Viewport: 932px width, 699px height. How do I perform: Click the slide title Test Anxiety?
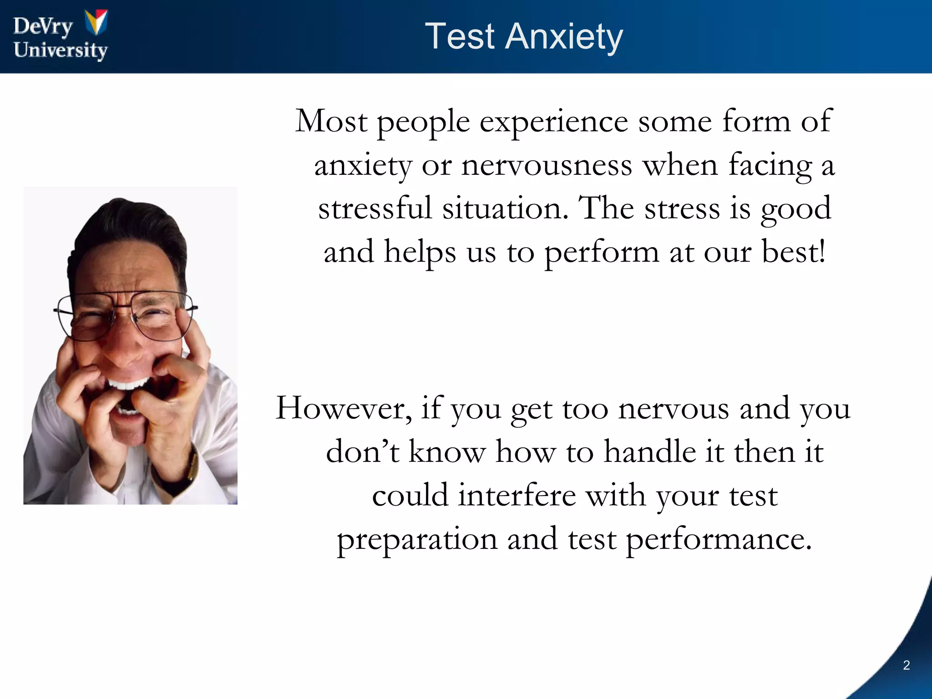pos(524,36)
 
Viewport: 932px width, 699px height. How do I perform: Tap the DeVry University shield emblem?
pos(96,22)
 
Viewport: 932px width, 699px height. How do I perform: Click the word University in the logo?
pos(61,50)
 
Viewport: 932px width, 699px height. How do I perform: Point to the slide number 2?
pos(906,665)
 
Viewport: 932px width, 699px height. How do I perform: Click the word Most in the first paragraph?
pos(331,122)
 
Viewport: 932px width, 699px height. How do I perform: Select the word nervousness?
pos(547,165)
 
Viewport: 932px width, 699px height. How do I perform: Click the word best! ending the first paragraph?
pos(793,252)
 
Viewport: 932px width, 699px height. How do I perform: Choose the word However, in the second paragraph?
pos(344,408)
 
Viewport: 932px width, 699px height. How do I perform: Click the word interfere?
pos(517,496)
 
